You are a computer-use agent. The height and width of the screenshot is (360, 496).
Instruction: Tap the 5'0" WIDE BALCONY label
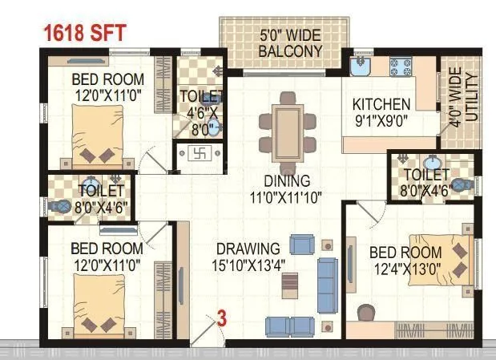coord(290,43)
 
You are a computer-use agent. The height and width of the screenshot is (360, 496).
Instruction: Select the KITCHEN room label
coord(381,104)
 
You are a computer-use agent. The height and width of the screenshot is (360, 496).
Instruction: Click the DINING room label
coord(286,181)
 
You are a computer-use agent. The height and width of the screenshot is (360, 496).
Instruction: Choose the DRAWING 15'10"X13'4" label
coord(246,256)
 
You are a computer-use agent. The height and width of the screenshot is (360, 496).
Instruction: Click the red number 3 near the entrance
coord(222,318)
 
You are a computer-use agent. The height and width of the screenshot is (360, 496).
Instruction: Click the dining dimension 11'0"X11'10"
coord(286,197)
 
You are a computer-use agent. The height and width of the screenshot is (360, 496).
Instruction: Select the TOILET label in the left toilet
coord(102,191)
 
